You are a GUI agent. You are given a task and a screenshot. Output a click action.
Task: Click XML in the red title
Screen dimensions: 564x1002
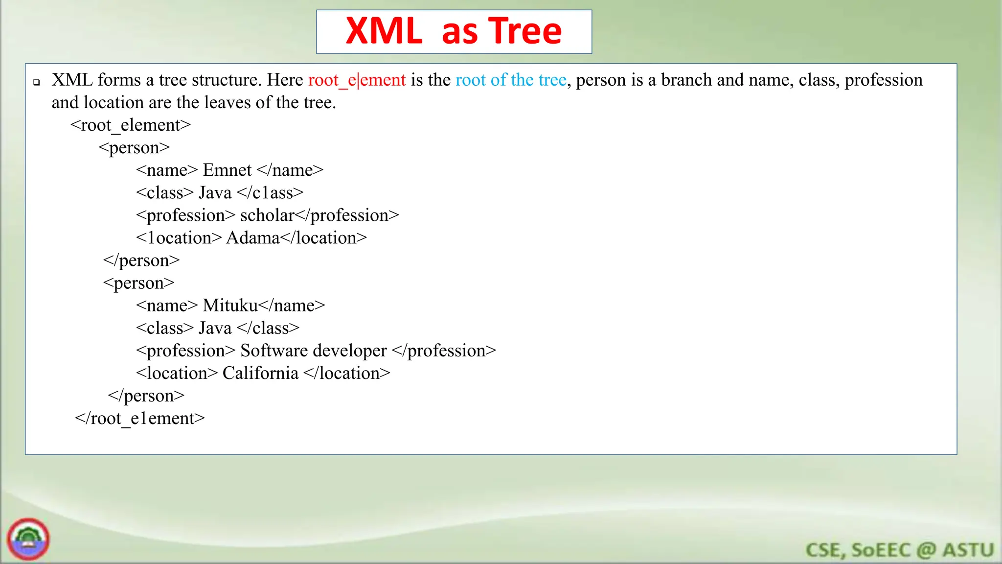pyautogui.click(x=384, y=31)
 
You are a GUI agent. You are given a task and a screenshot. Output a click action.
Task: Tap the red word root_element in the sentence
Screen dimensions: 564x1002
pyautogui.click(x=357, y=80)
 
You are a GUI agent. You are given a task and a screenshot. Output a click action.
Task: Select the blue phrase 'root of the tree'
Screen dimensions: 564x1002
pyautogui.click(x=511, y=80)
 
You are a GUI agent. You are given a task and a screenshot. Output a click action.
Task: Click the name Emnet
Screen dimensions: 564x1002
pyautogui.click(x=227, y=170)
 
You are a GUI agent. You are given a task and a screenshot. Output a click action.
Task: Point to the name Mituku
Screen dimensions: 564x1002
pyautogui.click(x=230, y=306)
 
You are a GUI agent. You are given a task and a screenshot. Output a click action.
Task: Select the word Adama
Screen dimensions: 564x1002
pyautogui.click(x=252, y=238)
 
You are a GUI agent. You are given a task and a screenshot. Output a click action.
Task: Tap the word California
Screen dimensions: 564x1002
pyautogui.click(x=260, y=374)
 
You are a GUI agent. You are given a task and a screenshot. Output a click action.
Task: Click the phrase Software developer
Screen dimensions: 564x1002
pyautogui.click(x=313, y=351)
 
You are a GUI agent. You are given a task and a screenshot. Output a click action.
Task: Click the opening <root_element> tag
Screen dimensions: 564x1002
pyautogui.click(x=130, y=125)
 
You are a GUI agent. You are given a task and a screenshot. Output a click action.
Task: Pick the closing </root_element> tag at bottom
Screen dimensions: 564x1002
pyautogui.click(x=139, y=419)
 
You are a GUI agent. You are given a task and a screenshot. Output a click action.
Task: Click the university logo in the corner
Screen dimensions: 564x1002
pyautogui.click(x=28, y=539)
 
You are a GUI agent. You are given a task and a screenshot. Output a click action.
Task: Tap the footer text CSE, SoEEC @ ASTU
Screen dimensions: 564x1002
pyautogui.click(x=899, y=550)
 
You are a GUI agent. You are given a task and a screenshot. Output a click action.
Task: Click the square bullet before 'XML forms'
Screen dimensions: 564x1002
pyautogui.click(x=37, y=82)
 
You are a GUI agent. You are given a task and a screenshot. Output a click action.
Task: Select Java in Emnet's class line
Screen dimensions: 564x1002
pyautogui.click(x=215, y=193)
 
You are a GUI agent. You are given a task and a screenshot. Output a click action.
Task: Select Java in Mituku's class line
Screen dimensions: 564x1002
pyautogui.click(x=215, y=329)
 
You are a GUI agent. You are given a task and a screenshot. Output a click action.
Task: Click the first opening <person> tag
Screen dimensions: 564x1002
pyautogui.click(x=134, y=148)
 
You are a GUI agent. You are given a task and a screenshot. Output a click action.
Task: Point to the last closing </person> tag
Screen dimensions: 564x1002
pyautogui.click(x=146, y=396)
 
